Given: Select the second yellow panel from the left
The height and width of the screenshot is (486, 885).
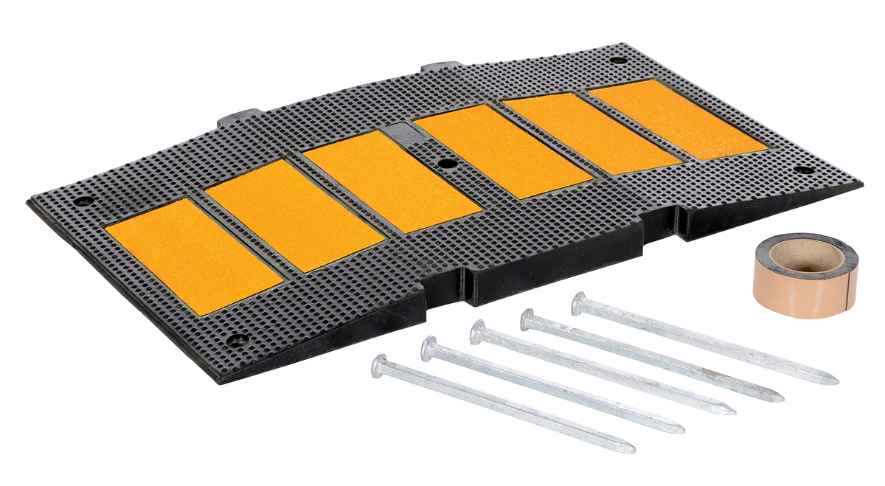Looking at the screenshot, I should point(294,214).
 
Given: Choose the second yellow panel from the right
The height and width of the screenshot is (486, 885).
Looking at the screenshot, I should point(592,134).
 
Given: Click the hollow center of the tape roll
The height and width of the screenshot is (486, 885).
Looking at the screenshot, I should point(806,256).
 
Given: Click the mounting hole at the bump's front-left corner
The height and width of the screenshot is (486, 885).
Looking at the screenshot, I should point(237,339).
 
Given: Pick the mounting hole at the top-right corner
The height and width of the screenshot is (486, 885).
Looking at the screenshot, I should point(617,60).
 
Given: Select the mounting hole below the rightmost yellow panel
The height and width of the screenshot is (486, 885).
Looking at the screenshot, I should point(803,170).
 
